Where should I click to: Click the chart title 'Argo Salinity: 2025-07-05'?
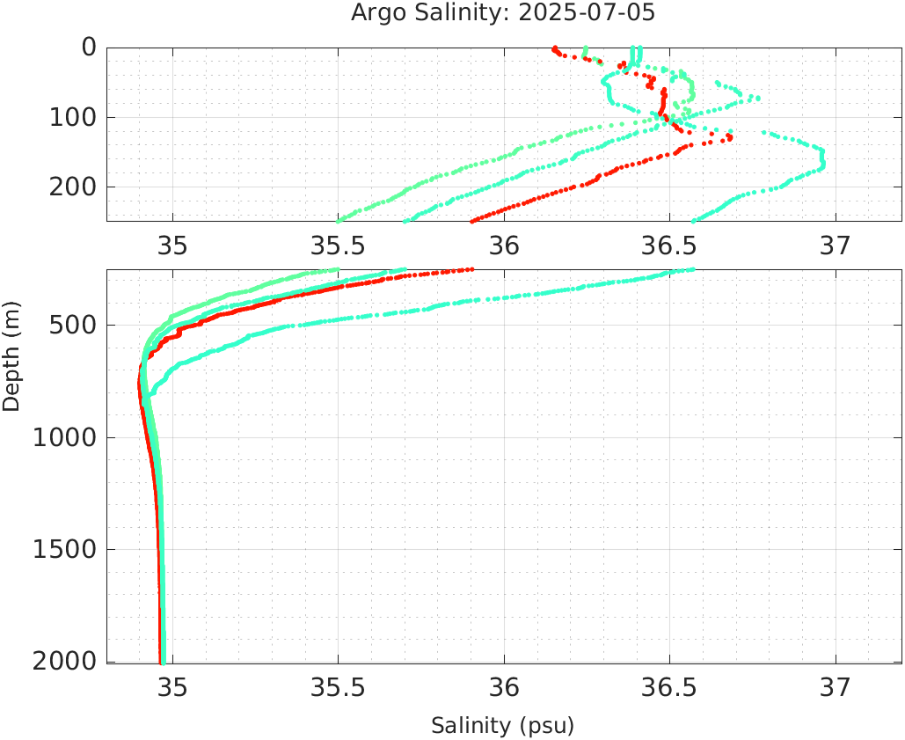point(503,13)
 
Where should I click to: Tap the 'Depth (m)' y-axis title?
point(11,355)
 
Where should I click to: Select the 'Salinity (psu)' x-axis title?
point(502,726)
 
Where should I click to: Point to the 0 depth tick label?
point(89,47)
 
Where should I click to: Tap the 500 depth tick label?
point(70,326)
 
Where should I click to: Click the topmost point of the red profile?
point(554,48)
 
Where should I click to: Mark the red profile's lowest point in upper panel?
point(473,220)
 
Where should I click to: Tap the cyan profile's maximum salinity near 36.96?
point(822,158)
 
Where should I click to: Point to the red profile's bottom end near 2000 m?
point(160,661)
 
